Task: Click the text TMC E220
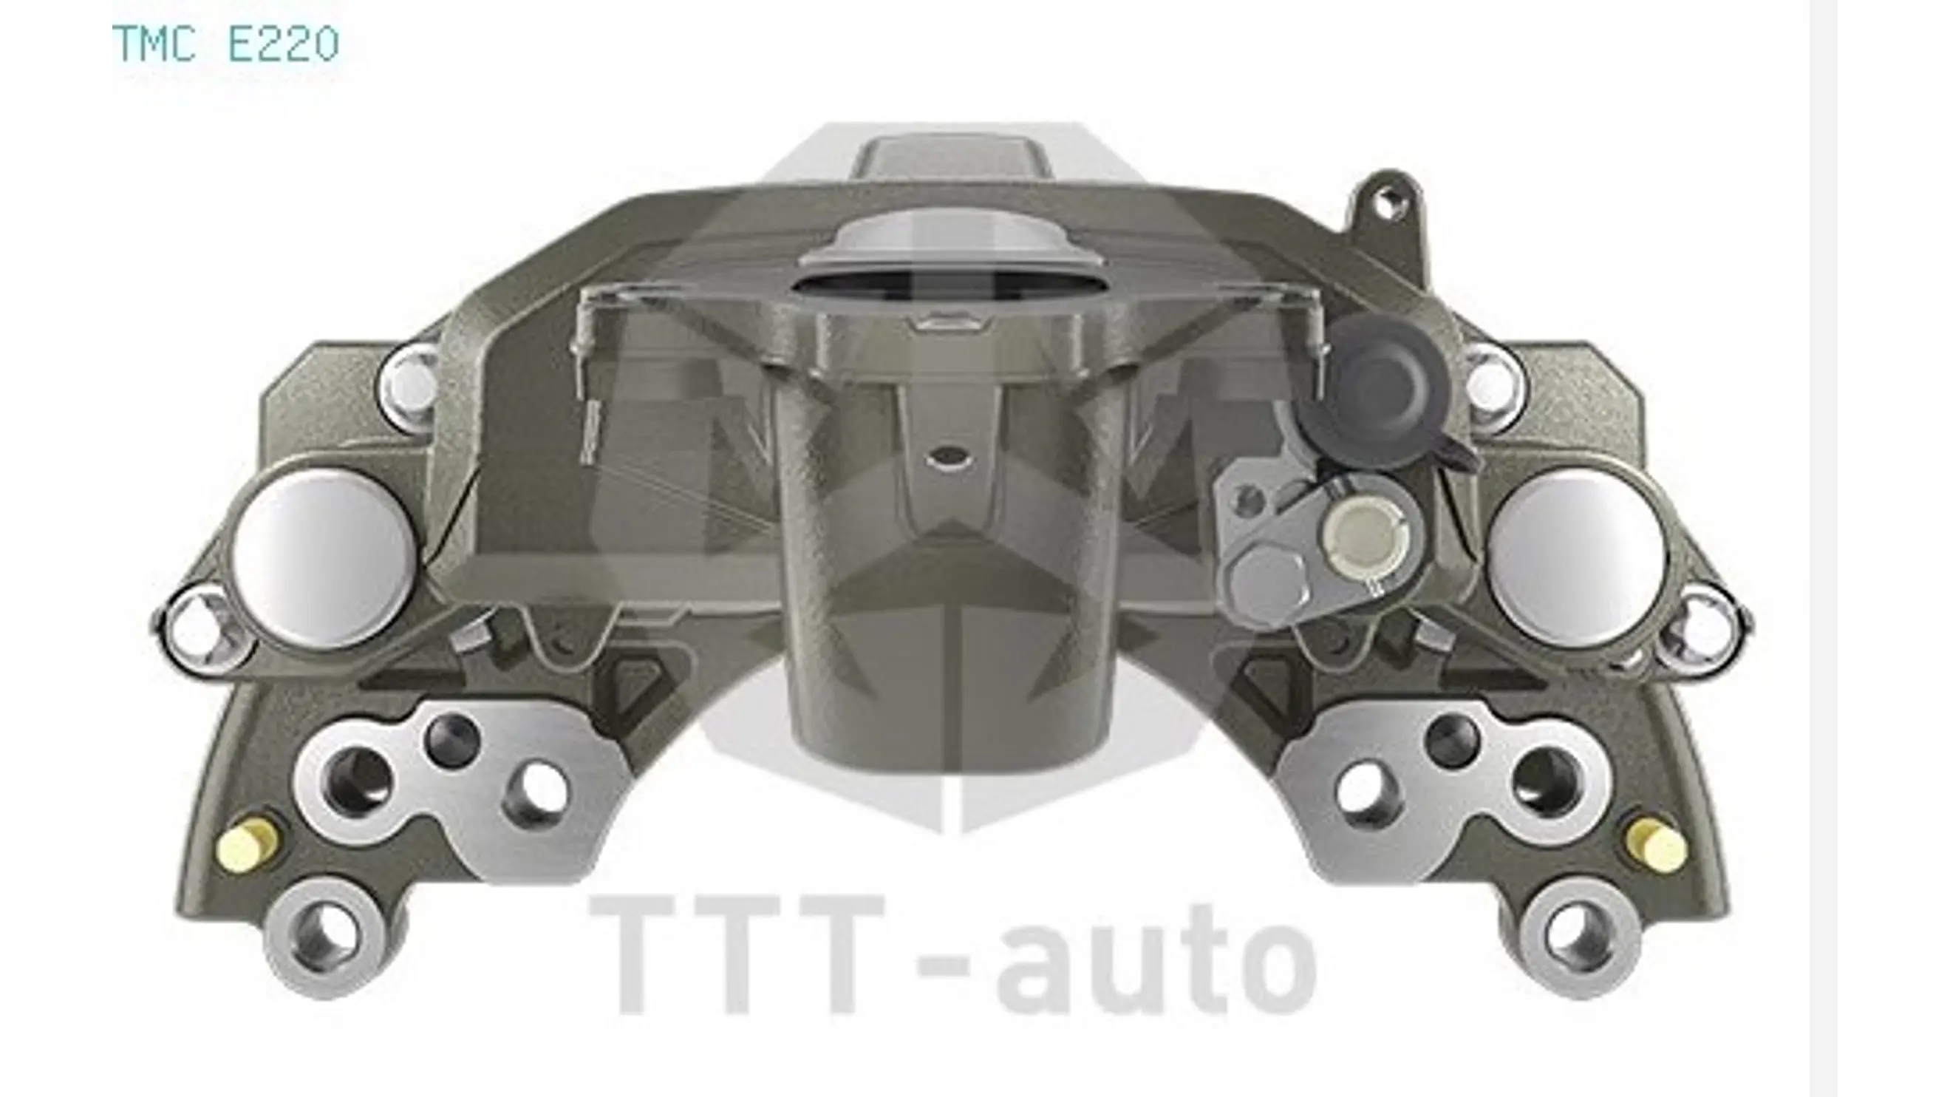coord(225,44)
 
